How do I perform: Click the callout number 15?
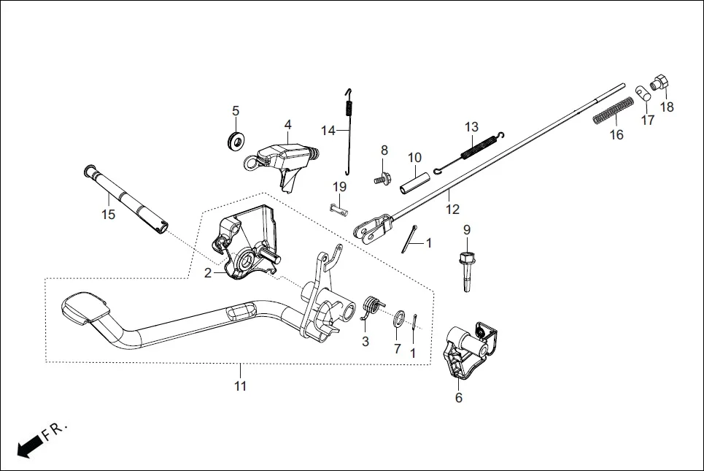108,215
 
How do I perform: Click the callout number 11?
241,386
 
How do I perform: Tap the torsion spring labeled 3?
370,307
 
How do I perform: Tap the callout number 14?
328,130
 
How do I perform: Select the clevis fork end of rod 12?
372,226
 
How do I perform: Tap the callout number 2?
208,273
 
